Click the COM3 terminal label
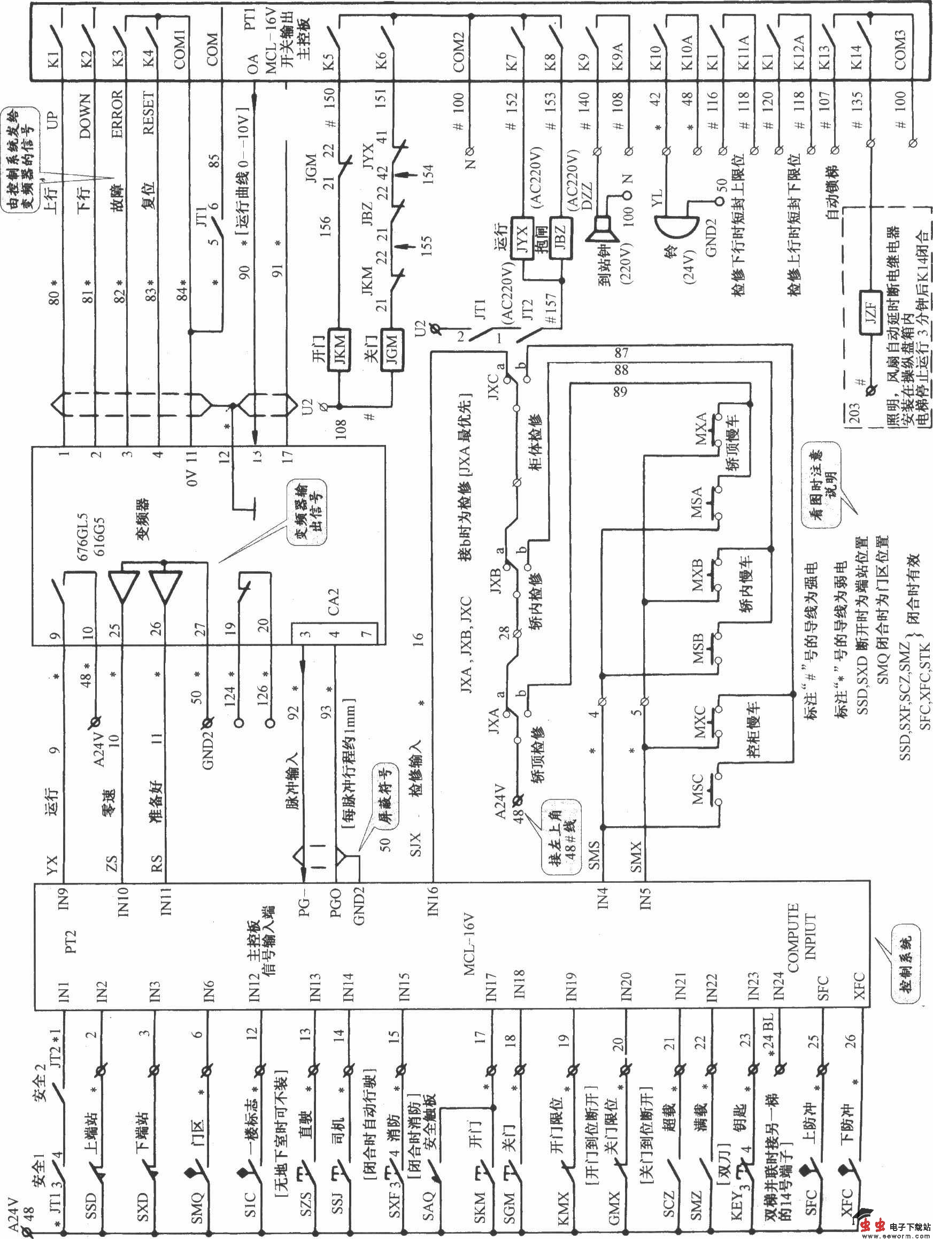pos(900,51)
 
